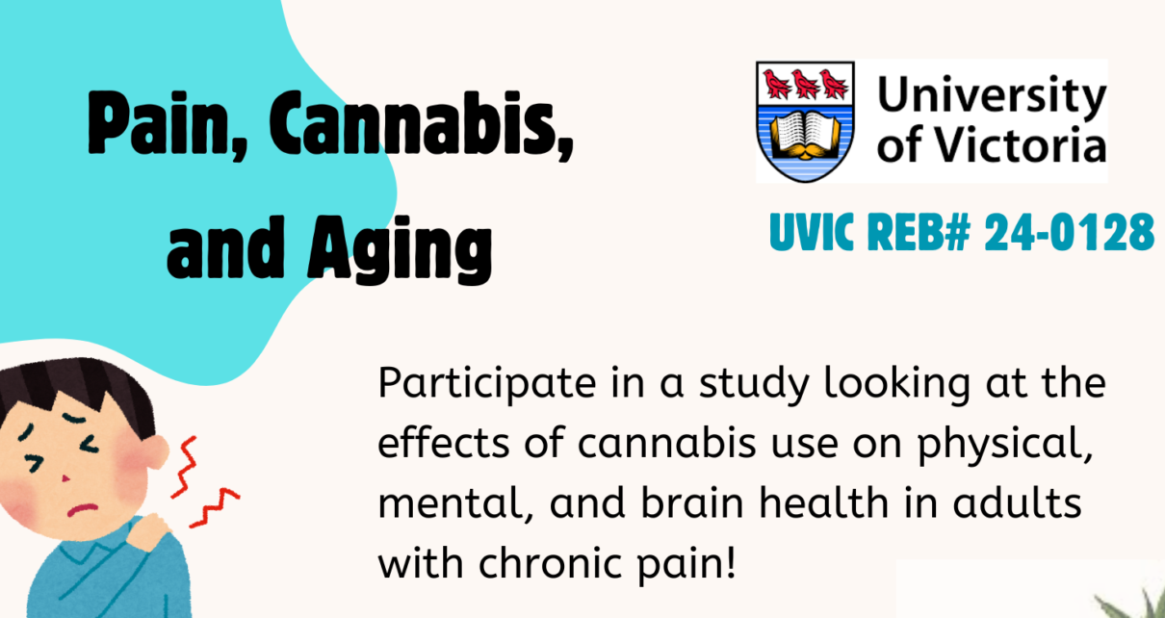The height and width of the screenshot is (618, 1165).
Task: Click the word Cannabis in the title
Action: click(420, 125)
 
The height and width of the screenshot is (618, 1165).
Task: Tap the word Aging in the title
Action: click(400, 249)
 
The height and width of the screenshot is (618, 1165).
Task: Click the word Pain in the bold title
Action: click(168, 125)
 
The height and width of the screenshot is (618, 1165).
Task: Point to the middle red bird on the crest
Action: click(805, 85)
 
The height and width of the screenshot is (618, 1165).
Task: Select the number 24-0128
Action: click(1070, 232)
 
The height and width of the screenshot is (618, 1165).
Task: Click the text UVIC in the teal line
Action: click(812, 232)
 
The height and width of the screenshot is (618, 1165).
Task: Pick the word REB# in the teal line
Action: click(919, 232)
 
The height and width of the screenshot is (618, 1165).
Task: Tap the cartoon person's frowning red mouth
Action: click(82, 510)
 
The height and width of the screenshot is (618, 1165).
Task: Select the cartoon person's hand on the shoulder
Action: click(147, 531)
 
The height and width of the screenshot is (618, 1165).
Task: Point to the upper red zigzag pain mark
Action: click(185, 467)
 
